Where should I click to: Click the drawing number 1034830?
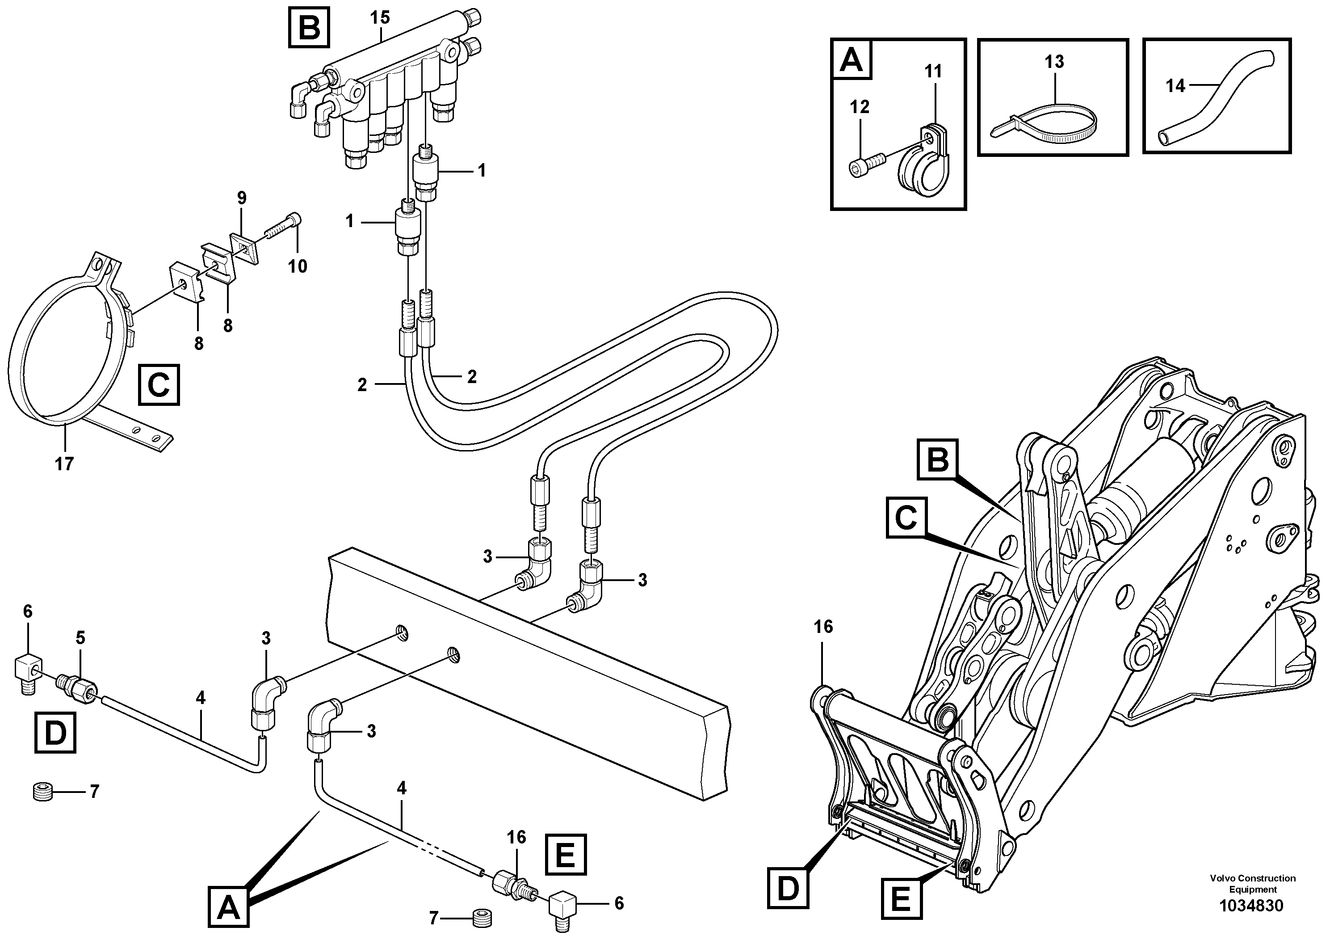tap(1251, 905)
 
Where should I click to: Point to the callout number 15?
tap(380, 17)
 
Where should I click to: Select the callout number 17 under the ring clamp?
tap(64, 464)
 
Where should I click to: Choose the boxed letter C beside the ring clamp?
tap(159, 385)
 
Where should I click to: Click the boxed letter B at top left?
tap(309, 27)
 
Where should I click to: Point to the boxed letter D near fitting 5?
tap(55, 733)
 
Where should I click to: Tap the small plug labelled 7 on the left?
tap(43, 791)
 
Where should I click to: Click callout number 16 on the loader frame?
tap(823, 627)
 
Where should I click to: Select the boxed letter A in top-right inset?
tap(851, 59)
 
